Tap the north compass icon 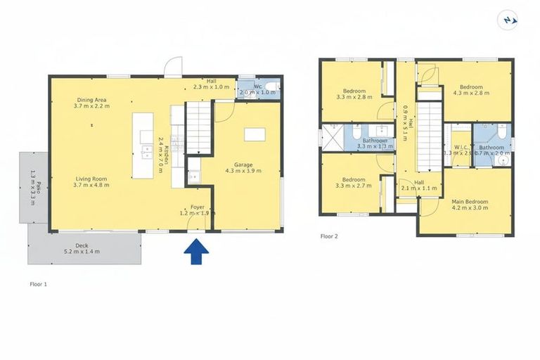pyautogui.click(x=508, y=20)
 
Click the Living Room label pyautogui.click(x=91, y=182)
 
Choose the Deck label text pyautogui.click(x=82, y=248)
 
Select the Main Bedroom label pyautogui.click(x=470, y=205)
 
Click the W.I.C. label pyautogui.click(x=457, y=150)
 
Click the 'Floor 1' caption pyautogui.click(x=39, y=285)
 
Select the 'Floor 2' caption pyautogui.click(x=329, y=237)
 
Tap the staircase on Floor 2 pyautogui.click(x=428, y=136)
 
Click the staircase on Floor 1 pyautogui.click(x=198, y=126)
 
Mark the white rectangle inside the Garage pyautogui.click(x=255, y=134)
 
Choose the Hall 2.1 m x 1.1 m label pyautogui.click(x=419, y=185)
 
